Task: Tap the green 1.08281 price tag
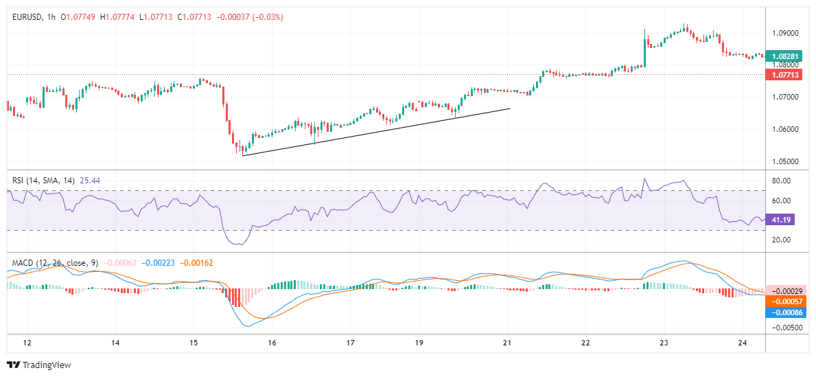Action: coord(783,56)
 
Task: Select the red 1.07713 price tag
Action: coord(783,74)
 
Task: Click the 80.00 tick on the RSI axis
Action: coord(782,181)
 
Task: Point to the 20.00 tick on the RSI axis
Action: coord(782,240)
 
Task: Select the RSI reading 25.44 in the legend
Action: coord(90,181)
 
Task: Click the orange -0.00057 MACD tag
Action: coord(783,301)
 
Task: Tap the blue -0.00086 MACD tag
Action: coord(783,312)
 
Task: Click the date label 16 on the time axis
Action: coord(272,343)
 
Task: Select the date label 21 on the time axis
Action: coord(507,343)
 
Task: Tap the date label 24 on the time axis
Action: coord(743,343)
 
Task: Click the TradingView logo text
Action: coord(46,365)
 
